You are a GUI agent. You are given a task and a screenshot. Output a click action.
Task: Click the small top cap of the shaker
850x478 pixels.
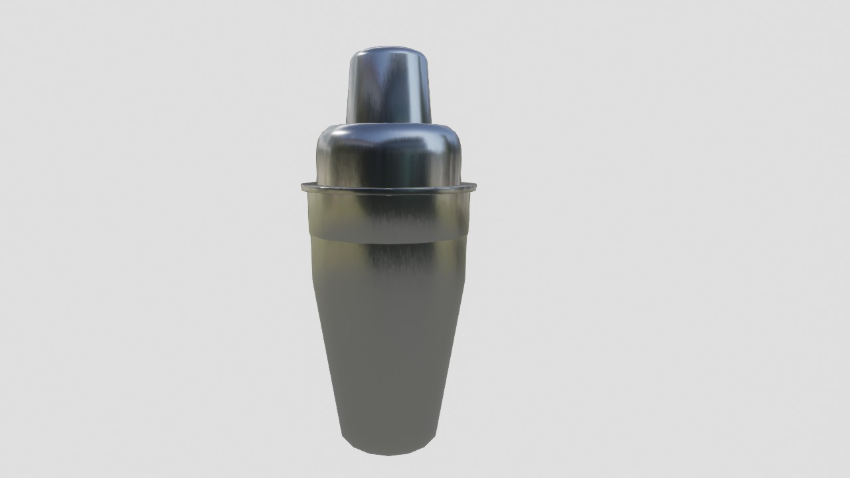coord(389,86)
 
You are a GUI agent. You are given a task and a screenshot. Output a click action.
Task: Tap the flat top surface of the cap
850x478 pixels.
coord(389,50)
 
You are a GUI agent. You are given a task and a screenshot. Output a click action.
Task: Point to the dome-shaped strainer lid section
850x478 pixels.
coord(389,156)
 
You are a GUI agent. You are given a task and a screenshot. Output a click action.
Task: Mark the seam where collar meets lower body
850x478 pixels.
coord(389,241)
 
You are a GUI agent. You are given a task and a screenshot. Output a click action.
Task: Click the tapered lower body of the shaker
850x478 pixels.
coord(389,345)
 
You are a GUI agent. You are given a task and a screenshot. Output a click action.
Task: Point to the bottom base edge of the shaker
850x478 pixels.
coord(389,453)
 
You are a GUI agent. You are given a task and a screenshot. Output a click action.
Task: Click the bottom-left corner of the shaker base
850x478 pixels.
coord(345,443)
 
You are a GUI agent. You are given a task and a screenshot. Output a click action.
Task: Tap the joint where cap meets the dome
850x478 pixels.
coord(389,124)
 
